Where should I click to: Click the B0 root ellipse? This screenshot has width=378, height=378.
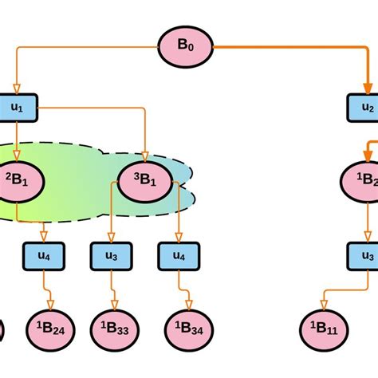[x=184, y=45]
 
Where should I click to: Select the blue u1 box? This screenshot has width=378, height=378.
[x=17, y=107]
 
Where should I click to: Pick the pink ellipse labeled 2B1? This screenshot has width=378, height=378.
[x=17, y=180]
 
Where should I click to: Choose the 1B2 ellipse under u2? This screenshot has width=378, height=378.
[x=363, y=180]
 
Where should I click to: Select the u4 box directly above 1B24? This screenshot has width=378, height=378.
[x=44, y=256]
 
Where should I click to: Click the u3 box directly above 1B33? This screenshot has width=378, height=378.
[x=111, y=256]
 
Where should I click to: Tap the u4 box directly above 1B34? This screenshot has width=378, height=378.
[x=176, y=256]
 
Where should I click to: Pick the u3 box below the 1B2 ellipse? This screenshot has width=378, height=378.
[x=363, y=256]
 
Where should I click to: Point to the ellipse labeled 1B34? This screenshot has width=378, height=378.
[x=188, y=328]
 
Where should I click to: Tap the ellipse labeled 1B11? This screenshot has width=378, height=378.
[x=323, y=328]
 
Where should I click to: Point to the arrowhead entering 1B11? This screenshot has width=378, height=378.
[x=323, y=304]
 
